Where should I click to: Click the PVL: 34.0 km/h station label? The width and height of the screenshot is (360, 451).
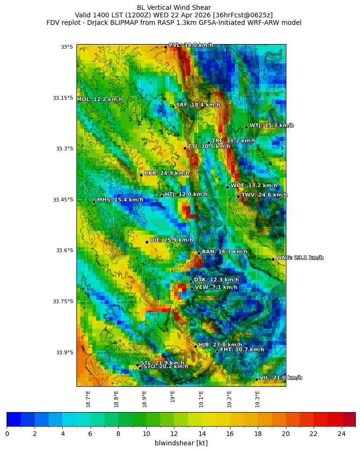(x=190, y=45)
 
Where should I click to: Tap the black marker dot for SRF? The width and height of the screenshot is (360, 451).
(x=173, y=106)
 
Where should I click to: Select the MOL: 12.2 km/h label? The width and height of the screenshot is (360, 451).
(x=99, y=99)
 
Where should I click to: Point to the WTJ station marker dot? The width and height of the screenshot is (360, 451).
(x=246, y=127)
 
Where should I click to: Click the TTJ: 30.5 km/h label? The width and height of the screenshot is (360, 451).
(x=209, y=146)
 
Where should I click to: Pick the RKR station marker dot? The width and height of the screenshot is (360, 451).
(x=141, y=175)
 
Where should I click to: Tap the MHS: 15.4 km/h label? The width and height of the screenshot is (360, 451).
(x=120, y=200)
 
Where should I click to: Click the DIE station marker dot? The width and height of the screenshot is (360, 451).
(x=147, y=242)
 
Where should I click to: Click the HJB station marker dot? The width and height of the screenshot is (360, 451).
(x=195, y=346)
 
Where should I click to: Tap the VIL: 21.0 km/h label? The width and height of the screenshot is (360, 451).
(x=281, y=377)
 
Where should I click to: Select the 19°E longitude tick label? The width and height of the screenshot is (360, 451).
(x=173, y=397)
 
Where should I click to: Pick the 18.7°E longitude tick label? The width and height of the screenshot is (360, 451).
(x=88, y=398)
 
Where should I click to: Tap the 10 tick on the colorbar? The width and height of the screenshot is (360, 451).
(x=146, y=434)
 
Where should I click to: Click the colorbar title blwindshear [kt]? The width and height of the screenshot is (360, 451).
(x=181, y=443)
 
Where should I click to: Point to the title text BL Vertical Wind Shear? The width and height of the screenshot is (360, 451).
(x=174, y=8)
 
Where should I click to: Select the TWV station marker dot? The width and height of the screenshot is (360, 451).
(x=238, y=196)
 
